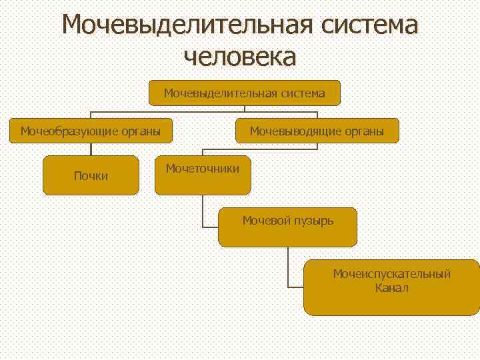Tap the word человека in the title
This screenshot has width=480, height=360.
(x=239, y=56)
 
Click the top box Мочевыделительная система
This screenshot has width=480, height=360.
(x=245, y=93)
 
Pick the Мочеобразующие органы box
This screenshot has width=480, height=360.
(x=91, y=131)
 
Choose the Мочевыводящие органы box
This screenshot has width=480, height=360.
(x=317, y=131)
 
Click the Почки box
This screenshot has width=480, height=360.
(x=91, y=175)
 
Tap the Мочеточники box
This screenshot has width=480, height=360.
(x=203, y=175)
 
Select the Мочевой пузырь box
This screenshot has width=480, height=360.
(x=288, y=227)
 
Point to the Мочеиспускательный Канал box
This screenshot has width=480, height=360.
(x=392, y=287)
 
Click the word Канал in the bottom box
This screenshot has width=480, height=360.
(x=392, y=288)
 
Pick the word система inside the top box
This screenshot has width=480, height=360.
(x=303, y=93)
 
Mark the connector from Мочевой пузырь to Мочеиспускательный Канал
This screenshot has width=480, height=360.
(x=288, y=267)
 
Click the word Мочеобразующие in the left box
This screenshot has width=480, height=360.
(x=67, y=131)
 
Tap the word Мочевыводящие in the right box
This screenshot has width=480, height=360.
(x=293, y=131)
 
